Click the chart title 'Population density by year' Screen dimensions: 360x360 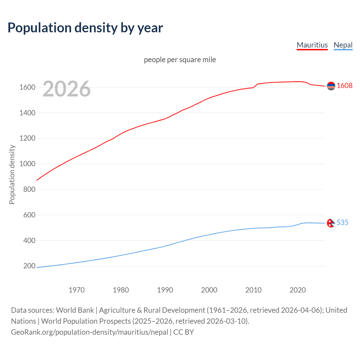(x=85, y=28)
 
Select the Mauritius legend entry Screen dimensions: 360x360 (x=312, y=45)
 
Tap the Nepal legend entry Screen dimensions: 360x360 (x=343, y=45)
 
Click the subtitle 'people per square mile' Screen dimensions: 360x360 (x=180, y=60)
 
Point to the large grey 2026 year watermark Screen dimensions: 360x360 (x=67, y=89)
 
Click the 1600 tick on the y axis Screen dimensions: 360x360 (x=27, y=87)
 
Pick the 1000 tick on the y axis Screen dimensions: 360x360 (x=27, y=164)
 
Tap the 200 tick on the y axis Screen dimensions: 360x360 (x=29, y=266)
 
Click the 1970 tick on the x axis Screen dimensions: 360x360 (x=76, y=290)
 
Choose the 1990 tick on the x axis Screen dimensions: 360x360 (x=165, y=290)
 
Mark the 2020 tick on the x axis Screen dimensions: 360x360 (x=298, y=290)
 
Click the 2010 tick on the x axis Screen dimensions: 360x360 (x=253, y=290)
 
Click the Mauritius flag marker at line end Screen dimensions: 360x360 (x=331, y=86)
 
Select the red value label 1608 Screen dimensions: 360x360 (x=345, y=86)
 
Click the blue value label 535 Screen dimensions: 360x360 (x=342, y=223)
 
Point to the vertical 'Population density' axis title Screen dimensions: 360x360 (x=12, y=174)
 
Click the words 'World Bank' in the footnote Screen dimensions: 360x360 (x=75, y=310)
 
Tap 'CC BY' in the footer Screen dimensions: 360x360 (x=183, y=332)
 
